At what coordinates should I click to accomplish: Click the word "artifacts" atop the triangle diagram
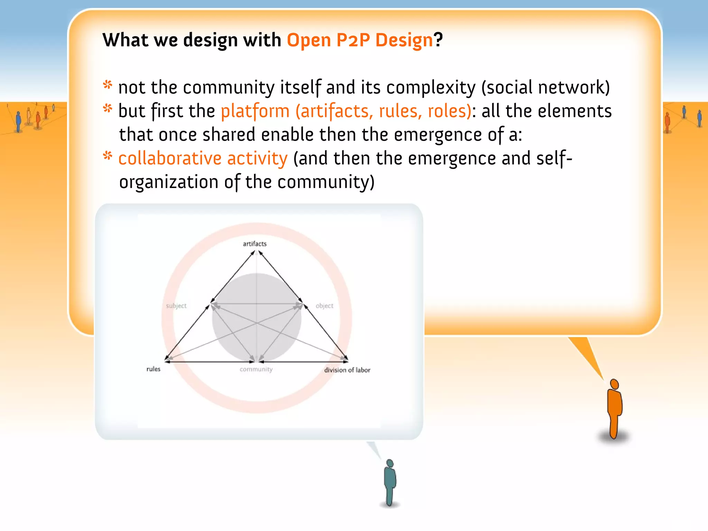pyautogui.click(x=255, y=244)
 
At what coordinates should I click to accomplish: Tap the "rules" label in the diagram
pyautogui.click(x=153, y=369)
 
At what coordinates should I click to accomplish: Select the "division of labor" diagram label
pyautogui.click(x=347, y=370)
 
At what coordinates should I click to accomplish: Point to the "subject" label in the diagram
pyautogui.click(x=176, y=306)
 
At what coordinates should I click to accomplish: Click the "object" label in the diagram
pyautogui.click(x=325, y=306)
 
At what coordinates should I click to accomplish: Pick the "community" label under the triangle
pyautogui.click(x=256, y=369)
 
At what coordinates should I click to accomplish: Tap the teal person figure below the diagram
pyautogui.click(x=390, y=482)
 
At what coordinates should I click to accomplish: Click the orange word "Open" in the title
pyautogui.click(x=309, y=40)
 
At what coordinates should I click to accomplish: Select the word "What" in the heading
pyautogui.click(x=125, y=40)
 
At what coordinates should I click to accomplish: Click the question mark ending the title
pyautogui.click(x=438, y=40)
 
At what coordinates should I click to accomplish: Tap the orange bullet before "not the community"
pyautogui.click(x=108, y=85)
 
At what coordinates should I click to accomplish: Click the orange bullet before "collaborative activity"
pyautogui.click(x=108, y=156)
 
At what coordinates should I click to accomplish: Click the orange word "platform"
pyautogui.click(x=255, y=111)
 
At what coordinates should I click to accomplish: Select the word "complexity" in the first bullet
pyautogui.click(x=431, y=88)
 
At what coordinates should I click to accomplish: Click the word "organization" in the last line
pyautogui.click(x=169, y=182)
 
